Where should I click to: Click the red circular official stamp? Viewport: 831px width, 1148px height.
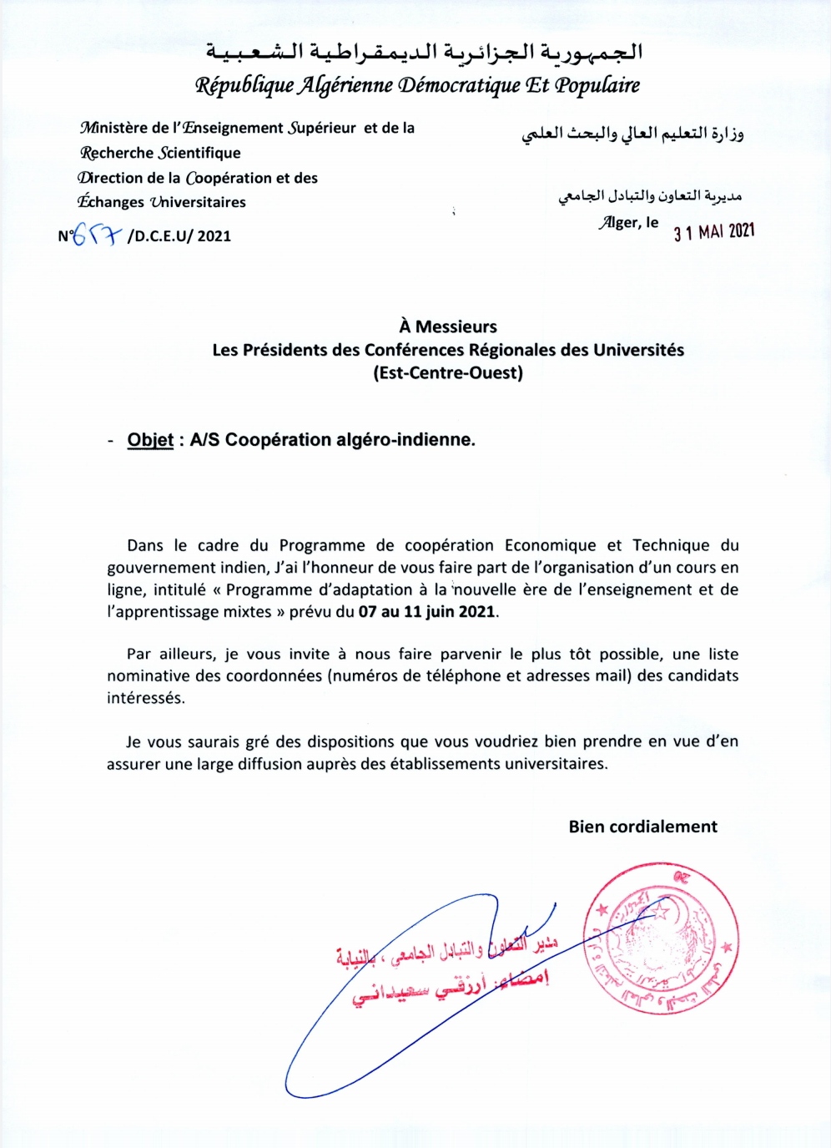pyautogui.click(x=661, y=938)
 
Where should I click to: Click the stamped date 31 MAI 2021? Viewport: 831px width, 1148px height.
pyautogui.click(x=714, y=232)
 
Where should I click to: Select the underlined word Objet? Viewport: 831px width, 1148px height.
pyautogui.click(x=150, y=440)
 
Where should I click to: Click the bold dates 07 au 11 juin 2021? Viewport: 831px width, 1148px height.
pyautogui.click(x=427, y=611)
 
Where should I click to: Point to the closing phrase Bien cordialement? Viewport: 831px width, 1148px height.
pyautogui.click(x=642, y=827)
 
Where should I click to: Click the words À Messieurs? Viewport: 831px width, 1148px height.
pyautogui.click(x=448, y=326)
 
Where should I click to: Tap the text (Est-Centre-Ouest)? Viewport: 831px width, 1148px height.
pyautogui.click(x=448, y=372)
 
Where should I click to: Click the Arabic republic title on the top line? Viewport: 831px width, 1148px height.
pyautogui.click(x=425, y=52)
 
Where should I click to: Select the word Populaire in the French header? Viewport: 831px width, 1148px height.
pyautogui.click(x=597, y=85)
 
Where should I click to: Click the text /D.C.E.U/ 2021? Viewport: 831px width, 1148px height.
pyautogui.click(x=179, y=235)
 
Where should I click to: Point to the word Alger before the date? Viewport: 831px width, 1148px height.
pyautogui.click(x=620, y=222)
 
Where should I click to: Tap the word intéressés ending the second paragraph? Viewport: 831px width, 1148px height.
pyautogui.click(x=145, y=698)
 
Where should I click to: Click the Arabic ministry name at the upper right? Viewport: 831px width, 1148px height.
pyautogui.click(x=632, y=134)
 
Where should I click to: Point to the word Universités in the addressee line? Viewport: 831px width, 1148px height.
pyautogui.click(x=638, y=350)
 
